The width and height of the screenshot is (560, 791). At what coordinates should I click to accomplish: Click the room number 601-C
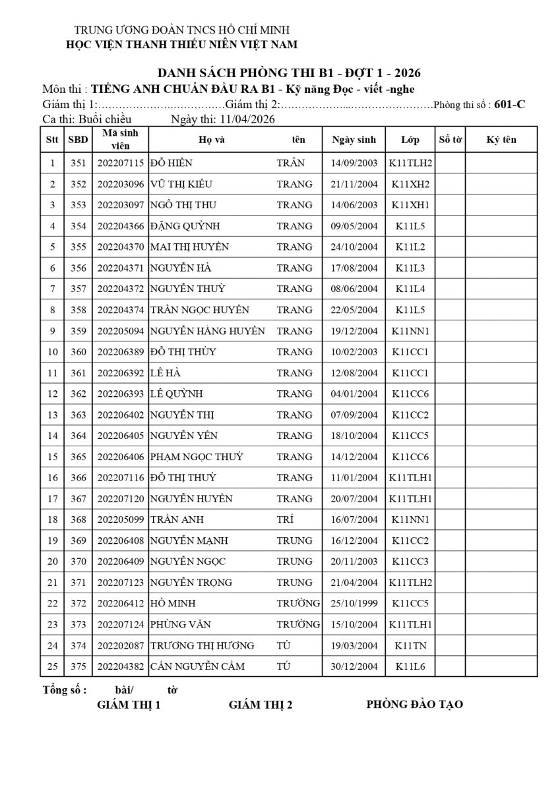pyautogui.click(x=509, y=104)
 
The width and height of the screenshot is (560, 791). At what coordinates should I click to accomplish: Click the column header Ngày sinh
pyautogui.click(x=354, y=140)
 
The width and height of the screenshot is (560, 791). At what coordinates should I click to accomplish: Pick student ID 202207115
pyautogui.click(x=120, y=163)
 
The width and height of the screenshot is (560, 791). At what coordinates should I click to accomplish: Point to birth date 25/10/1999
pyautogui.click(x=354, y=603)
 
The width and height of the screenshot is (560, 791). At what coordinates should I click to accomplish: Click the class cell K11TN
pyautogui.click(x=410, y=645)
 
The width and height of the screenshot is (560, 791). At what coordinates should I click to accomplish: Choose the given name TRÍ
pyautogui.click(x=285, y=519)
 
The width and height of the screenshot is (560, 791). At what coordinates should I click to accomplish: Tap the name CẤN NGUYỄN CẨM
pyautogui.click(x=197, y=666)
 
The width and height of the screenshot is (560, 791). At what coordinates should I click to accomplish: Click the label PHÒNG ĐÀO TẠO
pyautogui.click(x=414, y=705)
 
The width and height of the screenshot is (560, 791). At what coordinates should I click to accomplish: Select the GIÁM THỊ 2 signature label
pyautogui.click(x=261, y=705)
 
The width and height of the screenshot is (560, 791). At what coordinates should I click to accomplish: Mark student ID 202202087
pyautogui.click(x=120, y=645)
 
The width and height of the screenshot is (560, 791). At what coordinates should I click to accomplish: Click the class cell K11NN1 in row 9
pyautogui.click(x=410, y=331)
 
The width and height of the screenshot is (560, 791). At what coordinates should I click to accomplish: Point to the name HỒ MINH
pyautogui.click(x=173, y=603)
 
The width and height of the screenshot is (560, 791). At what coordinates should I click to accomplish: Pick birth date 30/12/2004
pyautogui.click(x=354, y=666)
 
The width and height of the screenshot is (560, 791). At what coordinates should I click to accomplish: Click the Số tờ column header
pyautogui.click(x=450, y=140)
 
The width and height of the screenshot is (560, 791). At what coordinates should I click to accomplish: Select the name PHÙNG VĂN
pyautogui.click(x=176, y=624)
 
